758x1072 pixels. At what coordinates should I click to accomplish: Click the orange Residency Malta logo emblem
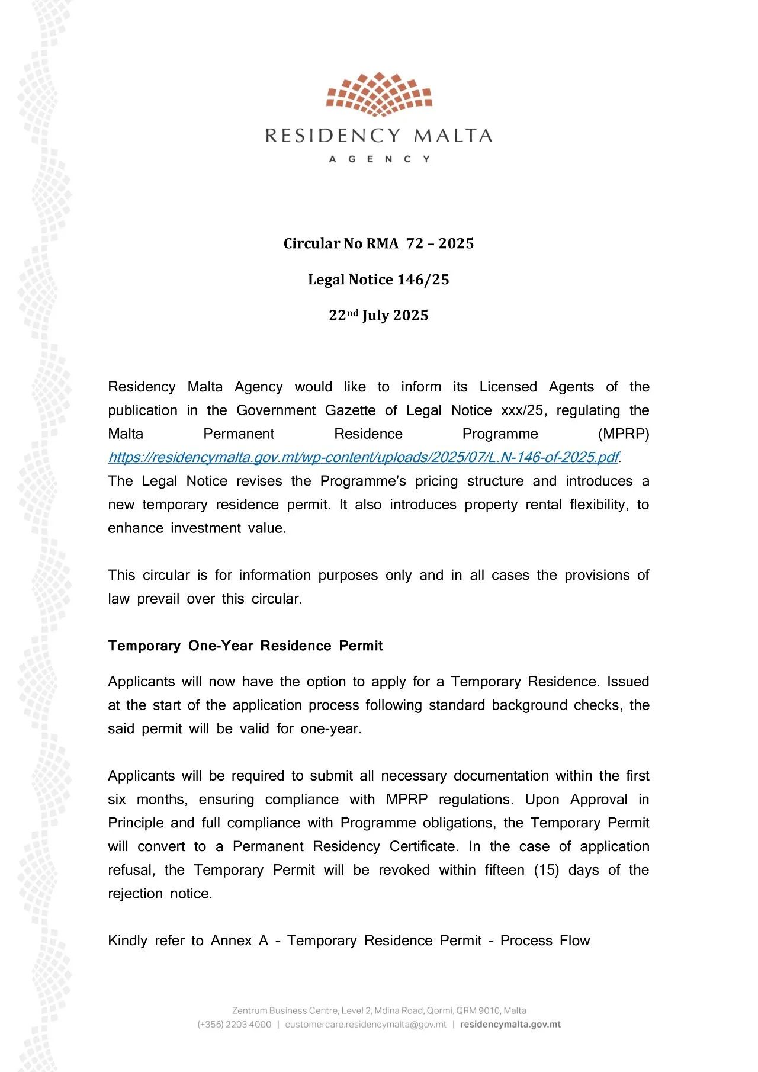tap(379, 94)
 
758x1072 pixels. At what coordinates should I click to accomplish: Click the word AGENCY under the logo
tap(379, 159)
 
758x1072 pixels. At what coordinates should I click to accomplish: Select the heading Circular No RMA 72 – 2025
tap(378, 243)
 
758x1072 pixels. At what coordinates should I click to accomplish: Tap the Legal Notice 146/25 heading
tap(378, 280)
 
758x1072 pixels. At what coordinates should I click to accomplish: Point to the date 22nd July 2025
tap(378, 315)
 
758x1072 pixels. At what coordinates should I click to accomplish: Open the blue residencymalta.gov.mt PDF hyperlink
tap(363, 457)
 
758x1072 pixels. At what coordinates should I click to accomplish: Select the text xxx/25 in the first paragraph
tap(522, 410)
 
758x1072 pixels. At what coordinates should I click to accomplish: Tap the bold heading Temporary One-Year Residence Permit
tap(245, 646)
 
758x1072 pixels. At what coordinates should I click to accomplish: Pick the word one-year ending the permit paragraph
tap(329, 728)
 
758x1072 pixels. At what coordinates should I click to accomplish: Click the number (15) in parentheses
tap(547, 870)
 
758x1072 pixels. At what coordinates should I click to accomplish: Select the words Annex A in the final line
tap(239, 941)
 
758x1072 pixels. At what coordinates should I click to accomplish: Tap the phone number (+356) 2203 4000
tap(235, 1025)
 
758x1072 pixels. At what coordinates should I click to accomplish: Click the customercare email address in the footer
tap(365, 1025)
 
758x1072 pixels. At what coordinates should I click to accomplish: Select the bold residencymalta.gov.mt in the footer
tap(510, 1025)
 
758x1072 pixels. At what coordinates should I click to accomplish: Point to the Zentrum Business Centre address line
tap(378, 1010)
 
